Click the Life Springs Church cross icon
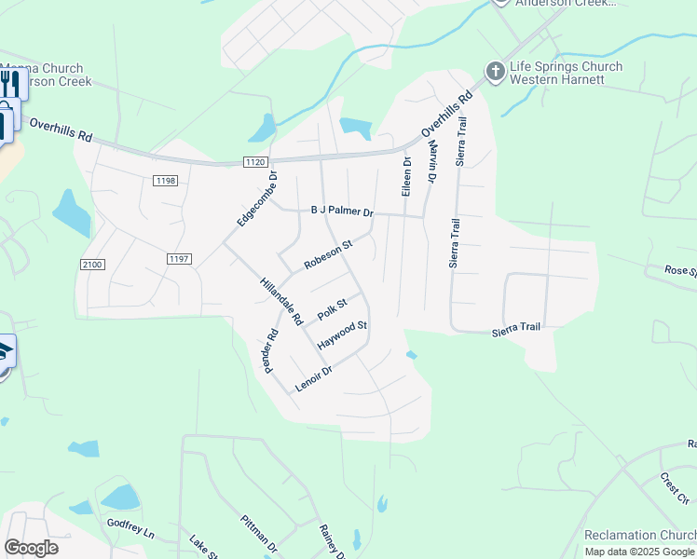click(x=495, y=71)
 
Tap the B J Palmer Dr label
click(x=342, y=211)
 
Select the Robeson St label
click(x=329, y=255)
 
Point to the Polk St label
click(x=332, y=309)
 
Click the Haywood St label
click(x=342, y=335)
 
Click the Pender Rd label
click(x=271, y=350)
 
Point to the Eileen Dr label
click(x=406, y=176)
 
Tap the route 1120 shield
click(x=255, y=162)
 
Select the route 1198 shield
click(x=167, y=180)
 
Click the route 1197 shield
click(x=179, y=258)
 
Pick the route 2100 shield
click(x=92, y=265)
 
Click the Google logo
click(x=31, y=548)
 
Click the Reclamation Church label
click(x=639, y=535)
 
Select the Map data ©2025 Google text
click(x=639, y=552)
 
